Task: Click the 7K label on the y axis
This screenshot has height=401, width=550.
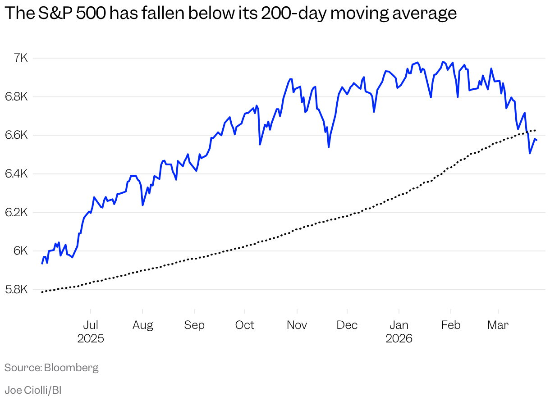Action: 20,58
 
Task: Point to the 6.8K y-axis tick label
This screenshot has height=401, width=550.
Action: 17,96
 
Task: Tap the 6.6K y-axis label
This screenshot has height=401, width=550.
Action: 17,135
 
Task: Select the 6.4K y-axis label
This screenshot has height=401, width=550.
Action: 17,173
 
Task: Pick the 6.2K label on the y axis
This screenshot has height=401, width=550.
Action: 17,212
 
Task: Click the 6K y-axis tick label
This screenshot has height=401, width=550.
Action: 20,251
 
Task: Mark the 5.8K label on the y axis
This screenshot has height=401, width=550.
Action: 17,290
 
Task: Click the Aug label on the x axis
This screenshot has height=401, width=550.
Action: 142,325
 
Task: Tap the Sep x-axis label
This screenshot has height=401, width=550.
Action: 194,325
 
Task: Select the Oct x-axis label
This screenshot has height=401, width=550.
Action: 245,325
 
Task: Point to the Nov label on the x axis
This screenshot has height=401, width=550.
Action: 297,325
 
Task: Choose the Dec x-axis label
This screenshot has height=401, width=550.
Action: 347,325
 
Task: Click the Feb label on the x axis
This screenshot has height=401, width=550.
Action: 451,325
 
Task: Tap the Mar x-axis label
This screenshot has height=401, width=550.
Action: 498,325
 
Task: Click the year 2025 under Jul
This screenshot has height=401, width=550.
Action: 91,338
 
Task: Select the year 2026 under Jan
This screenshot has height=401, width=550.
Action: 399,338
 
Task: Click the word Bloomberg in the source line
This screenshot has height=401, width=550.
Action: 71,368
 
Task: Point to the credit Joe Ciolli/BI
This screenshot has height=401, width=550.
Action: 33,390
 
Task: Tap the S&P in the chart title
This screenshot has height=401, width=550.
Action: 54,14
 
